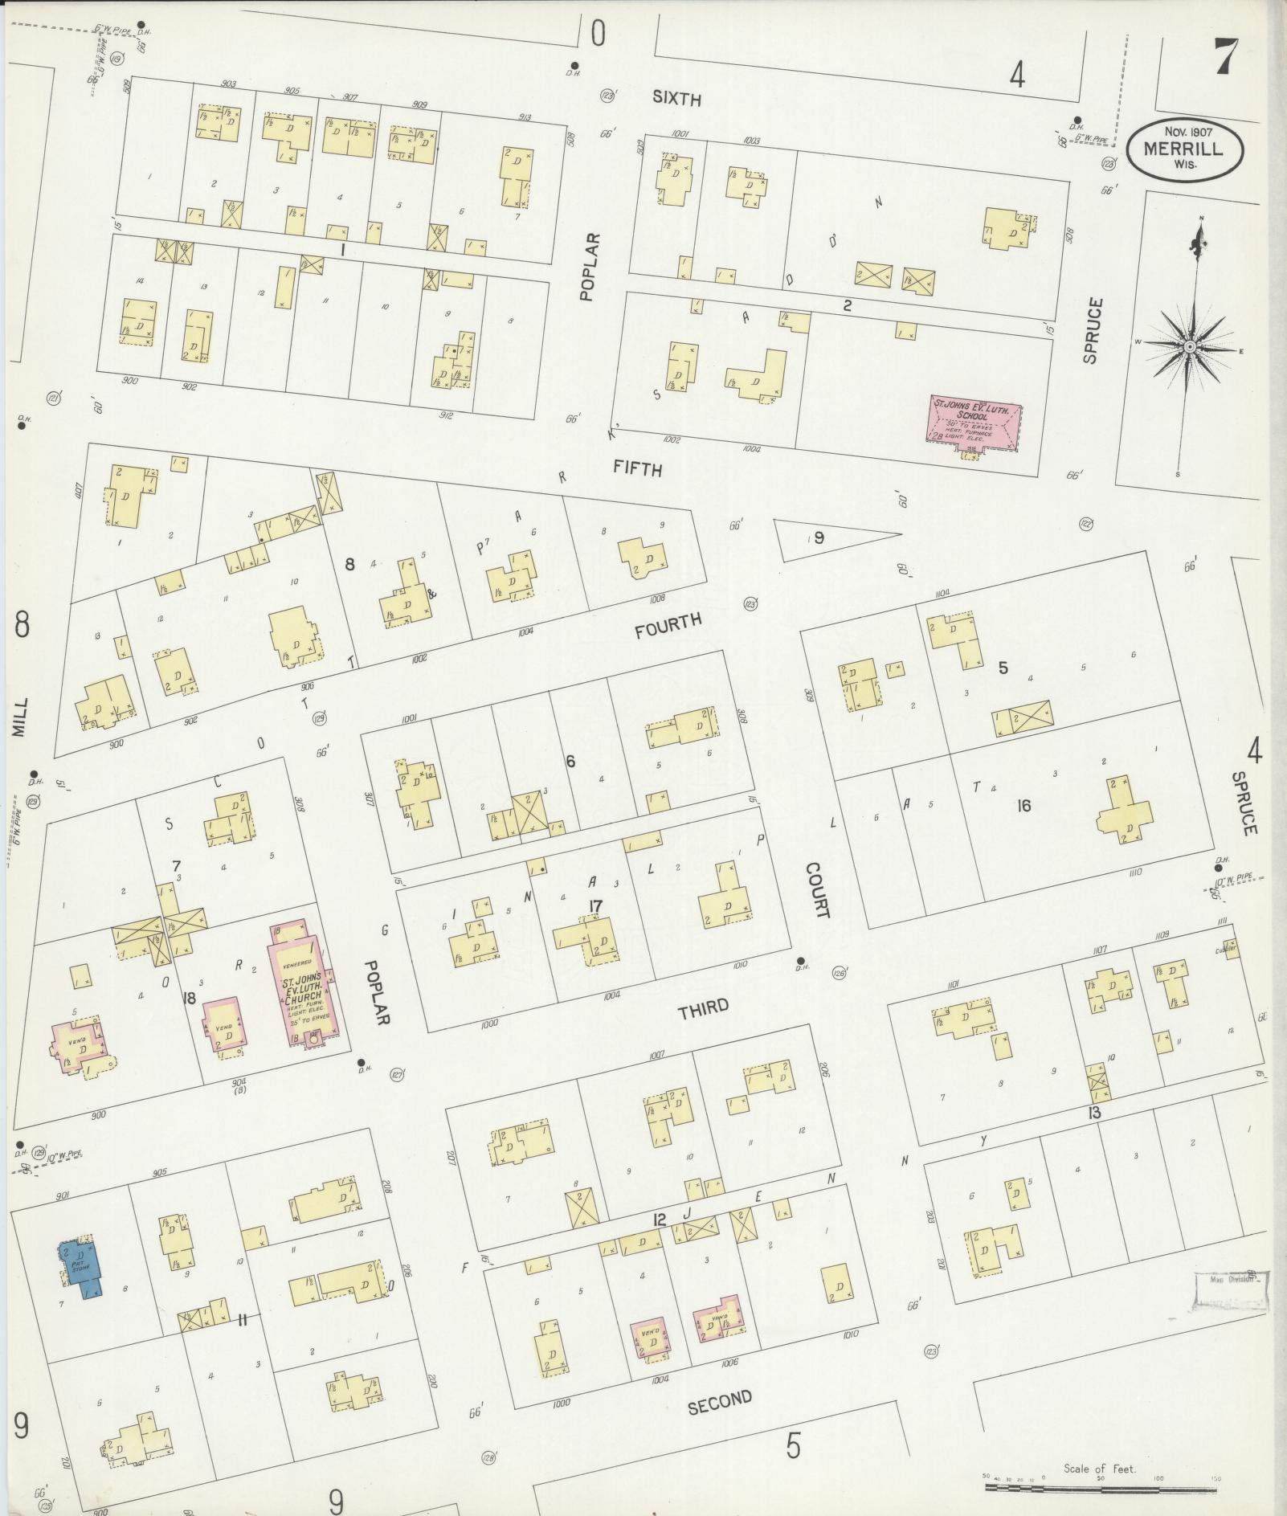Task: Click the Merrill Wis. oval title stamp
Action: tap(1185, 149)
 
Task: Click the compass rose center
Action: tap(1190, 345)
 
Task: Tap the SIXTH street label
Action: tap(676, 99)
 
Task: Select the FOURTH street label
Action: tap(668, 625)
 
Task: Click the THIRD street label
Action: tap(703, 1008)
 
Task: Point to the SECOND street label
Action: tap(720, 1400)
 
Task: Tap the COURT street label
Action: tap(817, 890)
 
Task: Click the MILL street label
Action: tap(20, 717)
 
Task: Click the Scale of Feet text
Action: tap(1099, 1469)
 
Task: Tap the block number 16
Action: tap(1023, 806)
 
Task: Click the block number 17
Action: tap(594, 907)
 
